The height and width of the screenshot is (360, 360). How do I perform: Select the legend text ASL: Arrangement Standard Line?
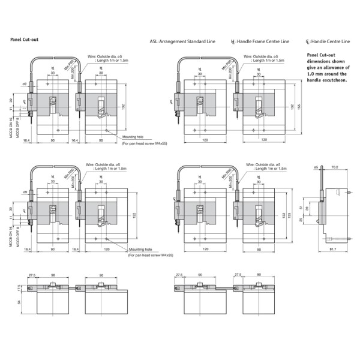[x=182, y=42]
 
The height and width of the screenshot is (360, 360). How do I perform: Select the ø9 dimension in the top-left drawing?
[x=24, y=84]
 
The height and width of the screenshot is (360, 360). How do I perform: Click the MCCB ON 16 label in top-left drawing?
[x=11, y=122]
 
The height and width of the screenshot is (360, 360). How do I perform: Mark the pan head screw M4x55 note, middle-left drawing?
[x=150, y=255]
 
